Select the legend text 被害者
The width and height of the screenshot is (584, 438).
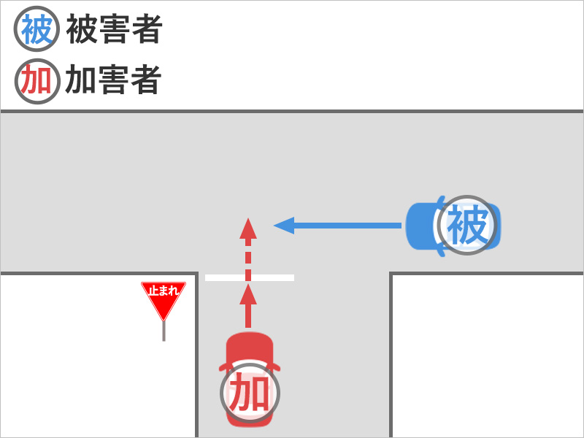(x=114, y=30)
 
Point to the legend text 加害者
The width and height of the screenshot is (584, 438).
(x=113, y=81)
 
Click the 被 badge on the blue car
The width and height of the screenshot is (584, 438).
(x=467, y=226)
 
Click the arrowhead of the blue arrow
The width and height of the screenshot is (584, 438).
(x=283, y=226)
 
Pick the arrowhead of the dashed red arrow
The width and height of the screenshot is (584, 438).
(x=248, y=228)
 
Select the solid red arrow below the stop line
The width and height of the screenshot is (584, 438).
(x=248, y=307)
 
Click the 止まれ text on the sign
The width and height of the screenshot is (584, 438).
(x=164, y=291)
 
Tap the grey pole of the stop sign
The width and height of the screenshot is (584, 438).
(x=164, y=331)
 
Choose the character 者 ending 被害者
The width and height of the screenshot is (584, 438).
(x=146, y=30)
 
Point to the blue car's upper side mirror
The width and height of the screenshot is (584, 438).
(x=441, y=198)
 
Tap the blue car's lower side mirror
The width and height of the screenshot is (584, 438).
(x=441, y=253)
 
